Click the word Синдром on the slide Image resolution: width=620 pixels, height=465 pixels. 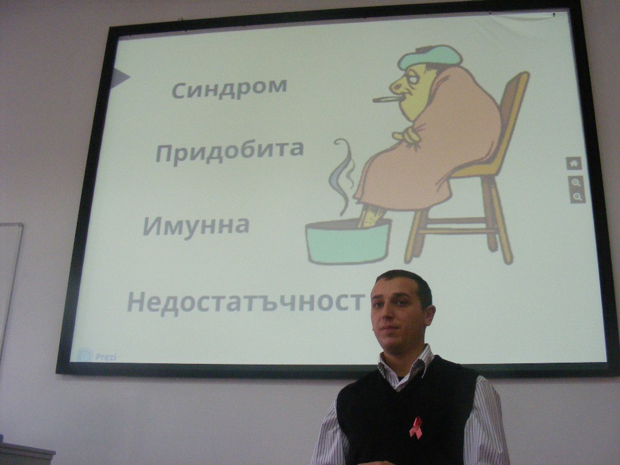coord(229,88)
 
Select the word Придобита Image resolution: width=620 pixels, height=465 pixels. coord(229,151)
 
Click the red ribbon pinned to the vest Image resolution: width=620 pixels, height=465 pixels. coord(415,427)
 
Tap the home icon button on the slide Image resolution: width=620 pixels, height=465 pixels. coord(574,163)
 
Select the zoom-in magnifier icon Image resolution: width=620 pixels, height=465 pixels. coord(576,183)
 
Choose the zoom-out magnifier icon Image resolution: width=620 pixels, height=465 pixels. coord(577,197)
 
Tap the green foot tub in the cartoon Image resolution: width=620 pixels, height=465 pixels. coord(348,241)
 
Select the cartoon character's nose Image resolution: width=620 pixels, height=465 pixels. coord(395,84)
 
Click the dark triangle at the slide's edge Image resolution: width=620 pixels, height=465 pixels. coord(120,78)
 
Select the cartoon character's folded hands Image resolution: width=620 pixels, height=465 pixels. coord(405,135)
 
